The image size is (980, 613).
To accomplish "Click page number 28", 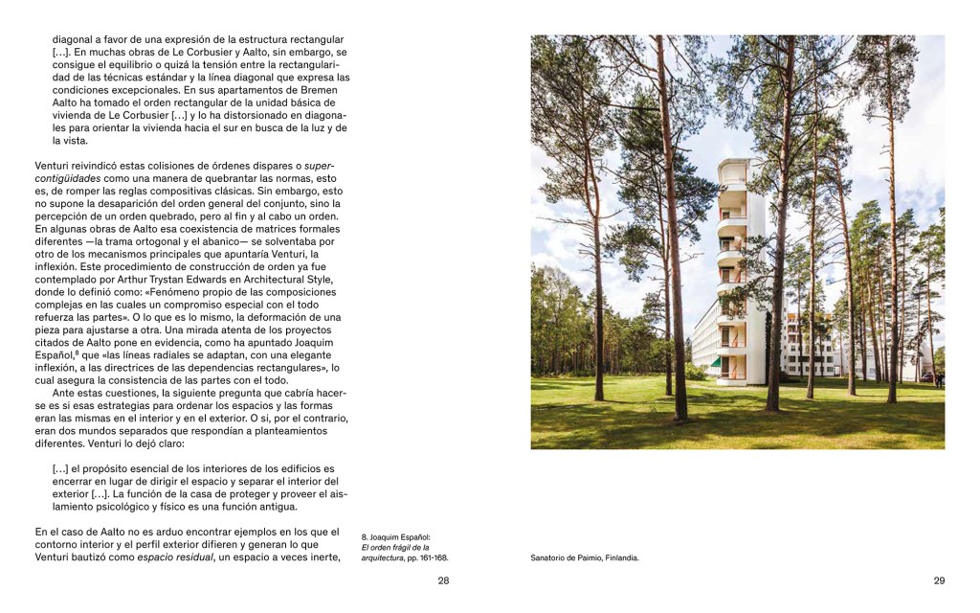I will (x=443, y=580).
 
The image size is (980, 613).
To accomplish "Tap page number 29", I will (x=939, y=580).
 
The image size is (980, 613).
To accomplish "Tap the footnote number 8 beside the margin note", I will (x=364, y=537).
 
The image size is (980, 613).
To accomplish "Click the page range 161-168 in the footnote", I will (x=432, y=557).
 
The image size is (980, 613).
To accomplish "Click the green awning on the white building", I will (x=715, y=362).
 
